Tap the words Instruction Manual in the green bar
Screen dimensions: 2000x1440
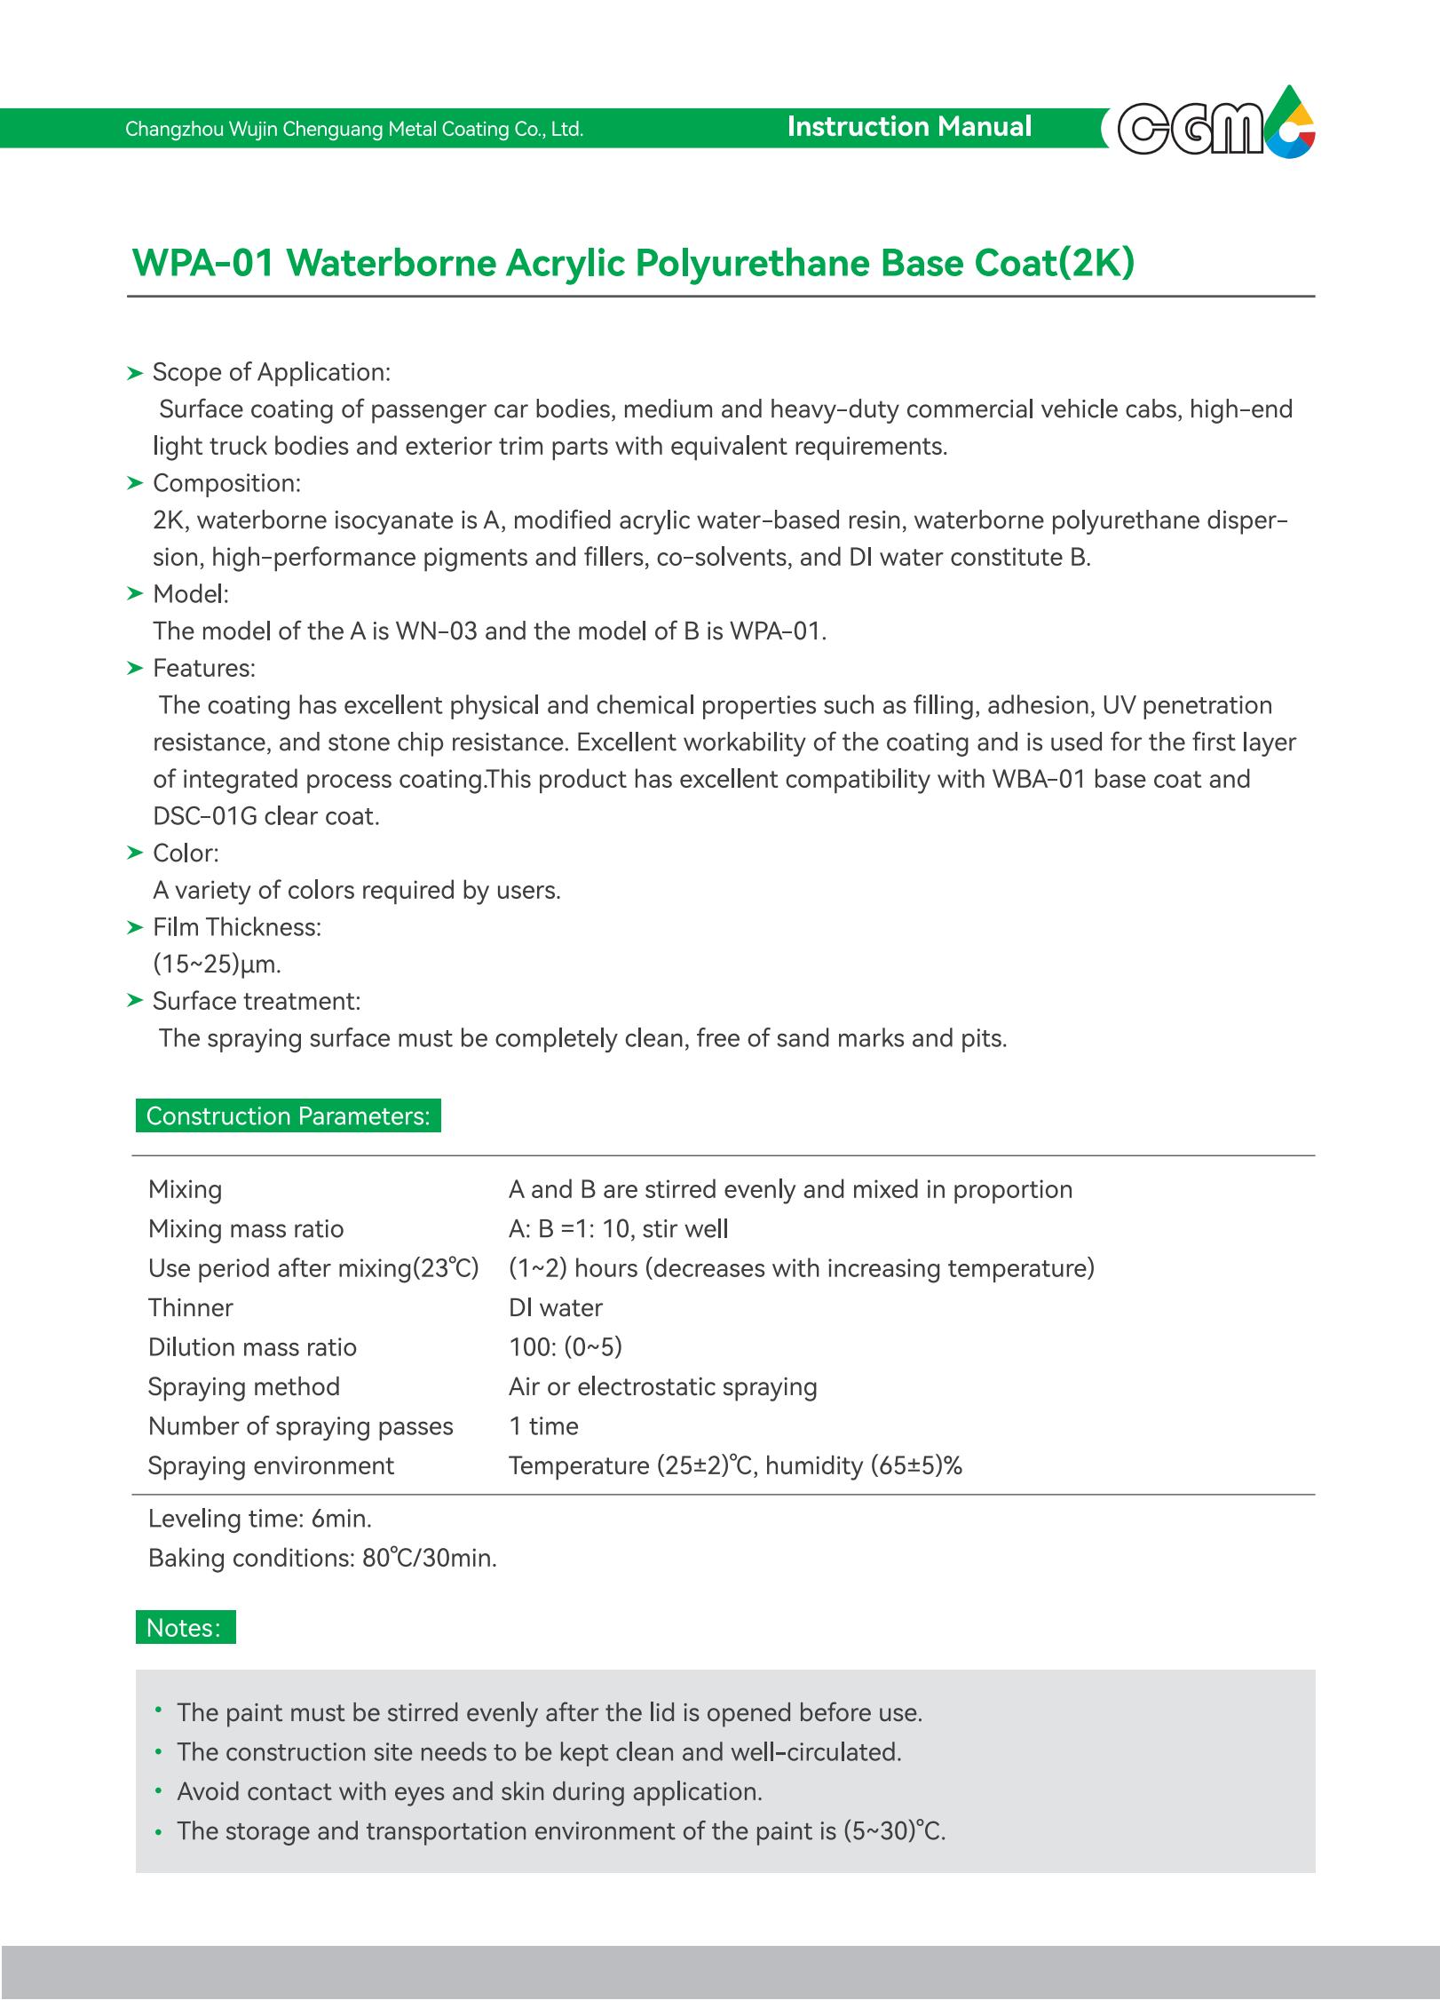pyautogui.click(x=909, y=127)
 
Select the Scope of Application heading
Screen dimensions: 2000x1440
pyautogui.click(x=271, y=372)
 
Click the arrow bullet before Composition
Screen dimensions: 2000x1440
pyautogui.click(x=135, y=483)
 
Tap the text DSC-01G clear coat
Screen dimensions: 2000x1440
pyautogui.click(x=266, y=816)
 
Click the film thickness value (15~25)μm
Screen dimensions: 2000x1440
pyautogui.click(x=217, y=964)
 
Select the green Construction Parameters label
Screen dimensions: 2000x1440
pyautogui.click(x=288, y=1116)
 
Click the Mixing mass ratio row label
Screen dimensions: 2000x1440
pyautogui.click(x=246, y=1229)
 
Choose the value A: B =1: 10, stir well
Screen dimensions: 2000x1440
pyautogui.click(x=618, y=1229)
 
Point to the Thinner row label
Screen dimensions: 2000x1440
pyautogui.click(x=191, y=1308)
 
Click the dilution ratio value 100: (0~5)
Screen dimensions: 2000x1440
pyautogui.click(x=566, y=1347)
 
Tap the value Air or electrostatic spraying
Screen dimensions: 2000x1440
pyautogui.click(x=662, y=1387)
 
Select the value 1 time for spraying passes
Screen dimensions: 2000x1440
pyautogui.click(x=543, y=1426)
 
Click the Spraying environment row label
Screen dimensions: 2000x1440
pyautogui.click(x=271, y=1466)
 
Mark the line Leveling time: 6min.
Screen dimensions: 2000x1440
pyautogui.click(x=260, y=1520)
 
